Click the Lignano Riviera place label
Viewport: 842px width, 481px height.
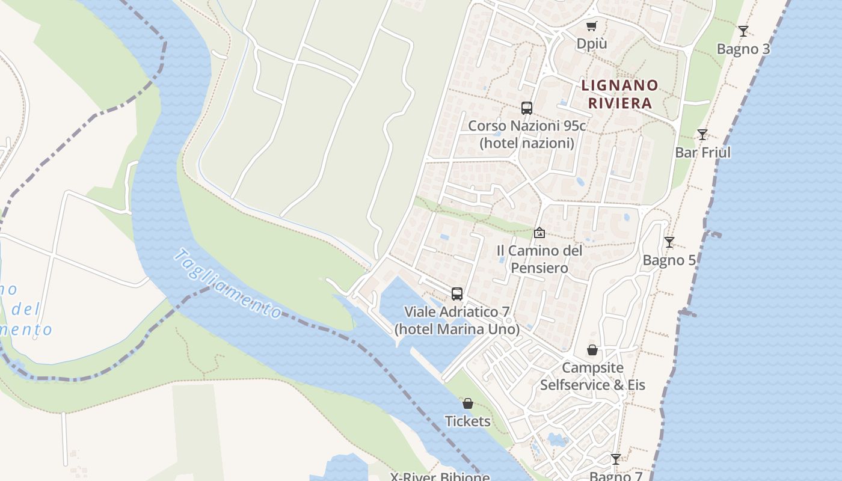(620, 94)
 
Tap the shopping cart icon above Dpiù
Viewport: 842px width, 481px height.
(592, 26)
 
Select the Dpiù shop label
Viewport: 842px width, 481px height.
(592, 44)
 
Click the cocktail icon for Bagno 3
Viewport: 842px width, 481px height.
(743, 31)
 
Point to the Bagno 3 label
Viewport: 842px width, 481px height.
(743, 49)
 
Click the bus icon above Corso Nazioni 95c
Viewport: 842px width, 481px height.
(527, 108)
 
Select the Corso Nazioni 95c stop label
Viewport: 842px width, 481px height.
(527, 135)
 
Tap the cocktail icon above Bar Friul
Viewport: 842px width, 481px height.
(702, 135)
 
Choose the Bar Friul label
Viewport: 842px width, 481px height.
(702, 153)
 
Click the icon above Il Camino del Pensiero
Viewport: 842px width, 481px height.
(539, 233)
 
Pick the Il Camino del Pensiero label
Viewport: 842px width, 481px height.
(539, 259)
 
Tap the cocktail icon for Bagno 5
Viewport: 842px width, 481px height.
(669, 242)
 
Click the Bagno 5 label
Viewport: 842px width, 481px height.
(669, 260)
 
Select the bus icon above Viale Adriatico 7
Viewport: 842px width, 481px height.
(457, 294)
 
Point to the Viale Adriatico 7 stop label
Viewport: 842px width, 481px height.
(457, 320)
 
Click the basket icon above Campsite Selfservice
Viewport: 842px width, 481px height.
(592, 350)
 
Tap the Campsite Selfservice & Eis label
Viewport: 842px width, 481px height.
(592, 376)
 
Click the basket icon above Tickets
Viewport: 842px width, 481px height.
(468, 403)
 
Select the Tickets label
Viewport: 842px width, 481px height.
(468, 421)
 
